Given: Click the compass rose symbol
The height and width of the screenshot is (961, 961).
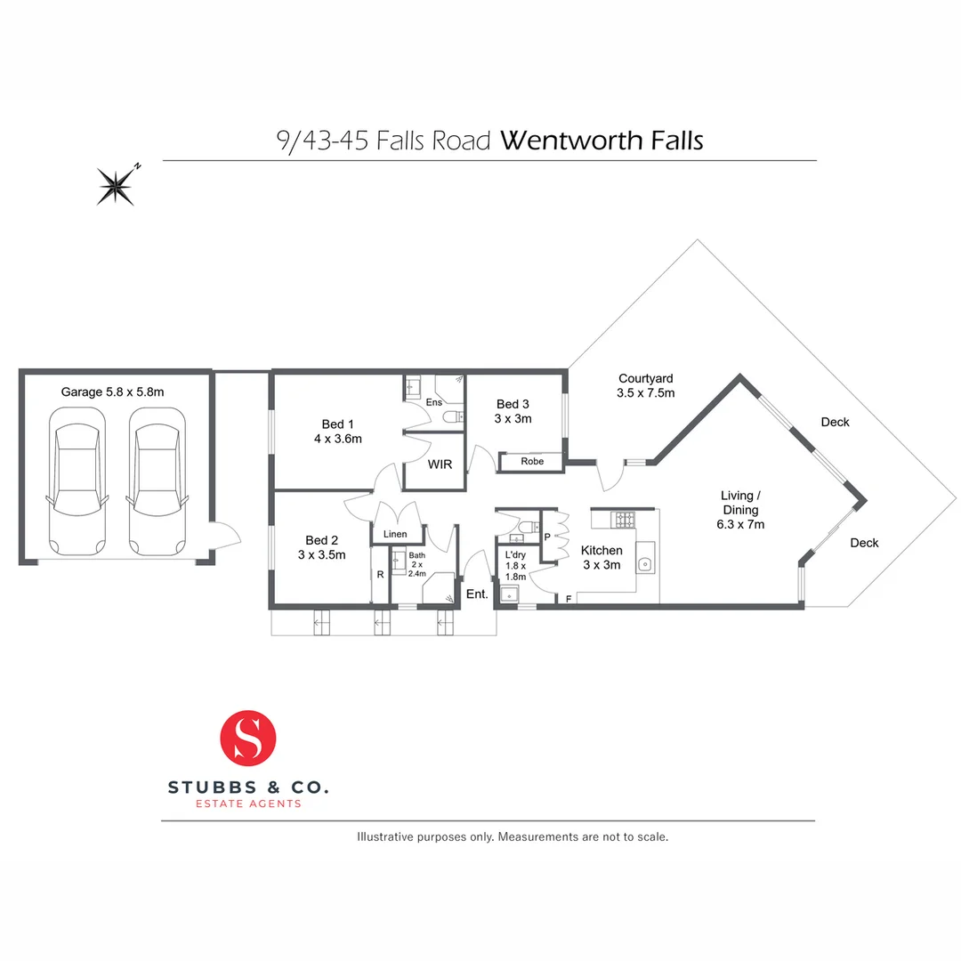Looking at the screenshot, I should coord(117,185).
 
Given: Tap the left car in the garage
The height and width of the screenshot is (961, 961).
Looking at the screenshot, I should coord(75,484).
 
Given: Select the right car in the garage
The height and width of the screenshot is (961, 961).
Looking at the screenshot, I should coord(157,484).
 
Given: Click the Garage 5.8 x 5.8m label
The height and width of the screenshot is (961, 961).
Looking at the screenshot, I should coord(113,392).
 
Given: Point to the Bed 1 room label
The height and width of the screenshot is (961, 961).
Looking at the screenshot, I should coord(337,431).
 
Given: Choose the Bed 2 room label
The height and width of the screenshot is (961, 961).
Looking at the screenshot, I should coord(322,547).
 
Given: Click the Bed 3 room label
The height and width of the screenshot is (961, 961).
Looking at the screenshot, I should coord(513,411).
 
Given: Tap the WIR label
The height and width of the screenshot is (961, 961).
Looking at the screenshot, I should coord(440,464).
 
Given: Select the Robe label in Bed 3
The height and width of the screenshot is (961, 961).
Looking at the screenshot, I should coord(532,462).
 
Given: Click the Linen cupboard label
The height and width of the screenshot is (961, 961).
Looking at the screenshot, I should coord(395,534).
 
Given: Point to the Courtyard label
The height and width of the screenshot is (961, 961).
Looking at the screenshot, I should coord(645,385).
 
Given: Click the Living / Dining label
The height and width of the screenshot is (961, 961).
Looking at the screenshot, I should coord(740,510).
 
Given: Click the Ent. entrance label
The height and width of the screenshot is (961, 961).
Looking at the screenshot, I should coord(477,594).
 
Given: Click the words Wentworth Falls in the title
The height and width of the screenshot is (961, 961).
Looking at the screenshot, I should coord(602,141).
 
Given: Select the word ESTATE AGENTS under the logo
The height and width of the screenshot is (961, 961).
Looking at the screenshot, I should coord(248,804).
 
